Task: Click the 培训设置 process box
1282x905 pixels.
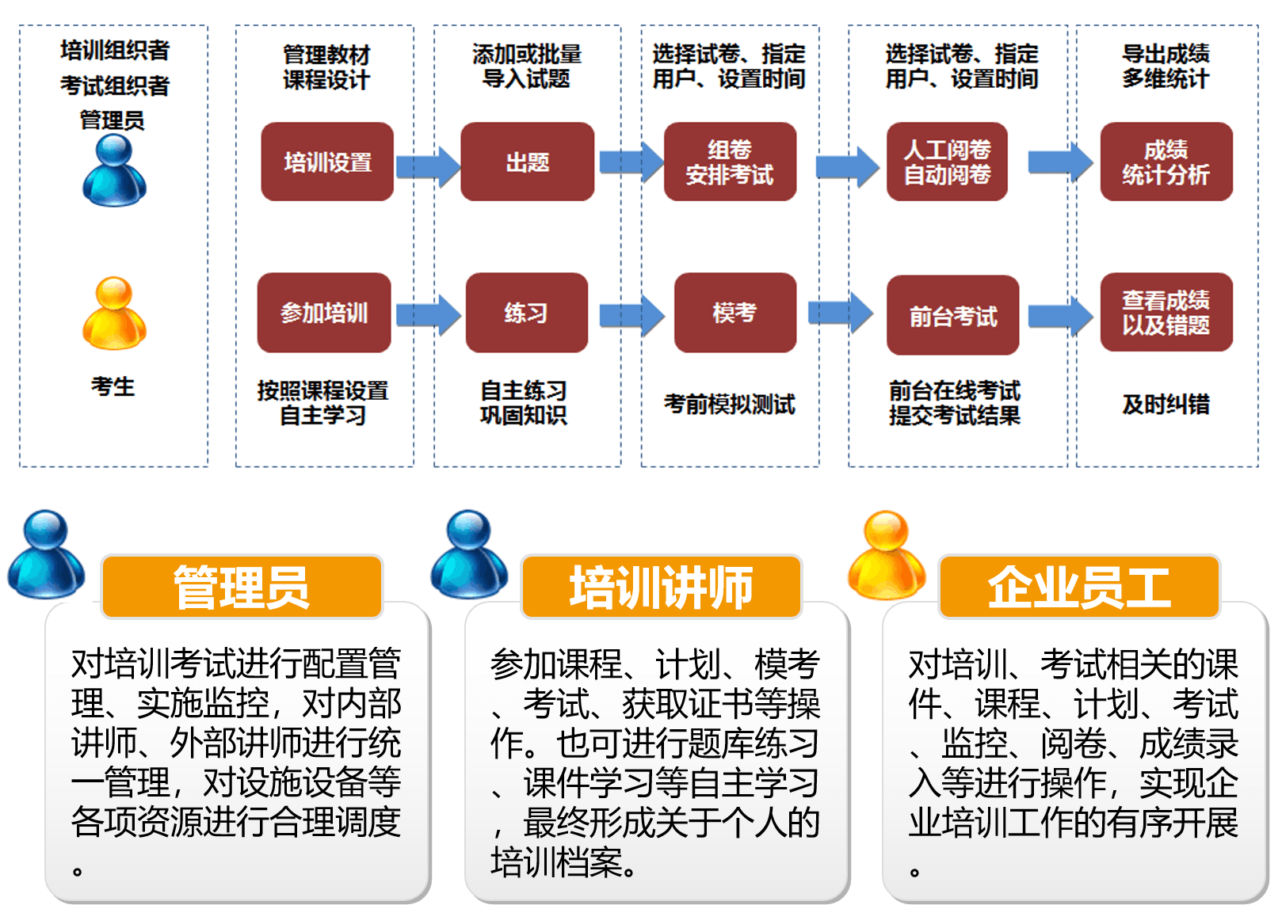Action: click(327, 162)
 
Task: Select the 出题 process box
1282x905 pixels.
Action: click(527, 162)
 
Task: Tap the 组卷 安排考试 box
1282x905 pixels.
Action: click(730, 162)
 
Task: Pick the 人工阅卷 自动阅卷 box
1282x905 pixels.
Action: click(947, 162)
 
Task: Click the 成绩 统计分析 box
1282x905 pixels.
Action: click(1166, 162)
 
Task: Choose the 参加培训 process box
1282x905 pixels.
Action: click(324, 313)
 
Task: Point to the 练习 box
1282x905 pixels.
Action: click(526, 313)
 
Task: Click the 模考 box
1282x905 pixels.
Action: click(734, 313)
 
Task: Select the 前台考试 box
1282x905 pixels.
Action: click(952, 315)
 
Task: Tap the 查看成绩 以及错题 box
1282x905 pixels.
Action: click(1166, 313)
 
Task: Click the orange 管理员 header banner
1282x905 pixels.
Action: click(242, 587)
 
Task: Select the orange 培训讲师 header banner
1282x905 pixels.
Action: click(661, 587)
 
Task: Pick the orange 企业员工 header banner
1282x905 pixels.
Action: click(1078, 587)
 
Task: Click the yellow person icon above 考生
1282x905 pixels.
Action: click(114, 314)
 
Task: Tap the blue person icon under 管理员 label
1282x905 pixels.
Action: click(114, 170)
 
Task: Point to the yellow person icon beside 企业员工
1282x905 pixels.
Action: click(887, 555)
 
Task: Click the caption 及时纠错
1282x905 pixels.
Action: click(1166, 405)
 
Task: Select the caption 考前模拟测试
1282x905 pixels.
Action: click(729, 405)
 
